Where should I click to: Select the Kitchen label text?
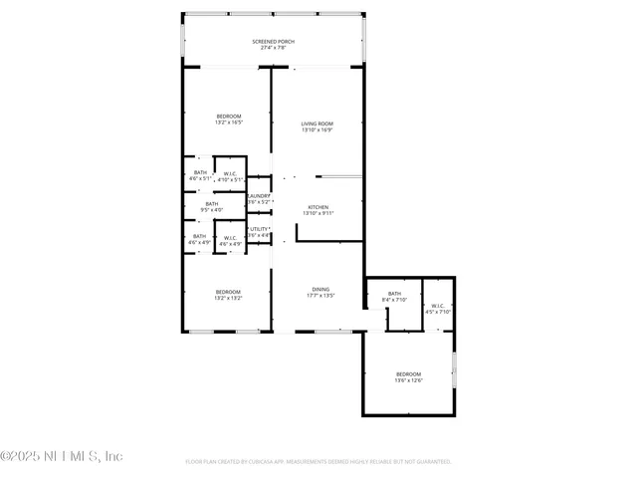coord(318,207)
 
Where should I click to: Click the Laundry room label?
coord(259,196)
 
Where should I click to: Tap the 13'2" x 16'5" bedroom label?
coord(228,117)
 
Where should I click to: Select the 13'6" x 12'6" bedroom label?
coord(408,374)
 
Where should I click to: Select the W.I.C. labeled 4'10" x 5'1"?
coord(230,174)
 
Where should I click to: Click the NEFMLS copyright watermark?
coord(62,456)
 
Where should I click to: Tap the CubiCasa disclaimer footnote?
coord(318,462)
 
